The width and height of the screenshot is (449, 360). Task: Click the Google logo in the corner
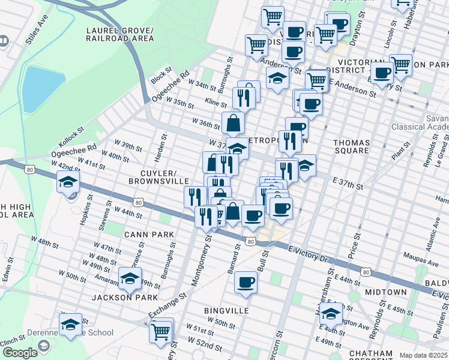[19, 353]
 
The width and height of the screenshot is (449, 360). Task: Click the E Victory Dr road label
[310, 253]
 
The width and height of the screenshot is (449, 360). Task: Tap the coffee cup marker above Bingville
[245, 282]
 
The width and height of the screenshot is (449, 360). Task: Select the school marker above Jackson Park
[129, 278]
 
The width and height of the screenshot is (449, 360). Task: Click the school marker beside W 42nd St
[68, 181]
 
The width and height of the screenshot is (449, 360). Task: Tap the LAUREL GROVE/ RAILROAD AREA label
[120, 34]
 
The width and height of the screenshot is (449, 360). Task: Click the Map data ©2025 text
[424, 355]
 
